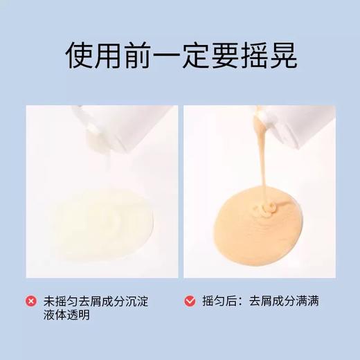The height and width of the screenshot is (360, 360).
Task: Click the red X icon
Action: (x=31, y=301)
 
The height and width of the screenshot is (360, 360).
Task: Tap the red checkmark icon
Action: (x=189, y=301)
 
